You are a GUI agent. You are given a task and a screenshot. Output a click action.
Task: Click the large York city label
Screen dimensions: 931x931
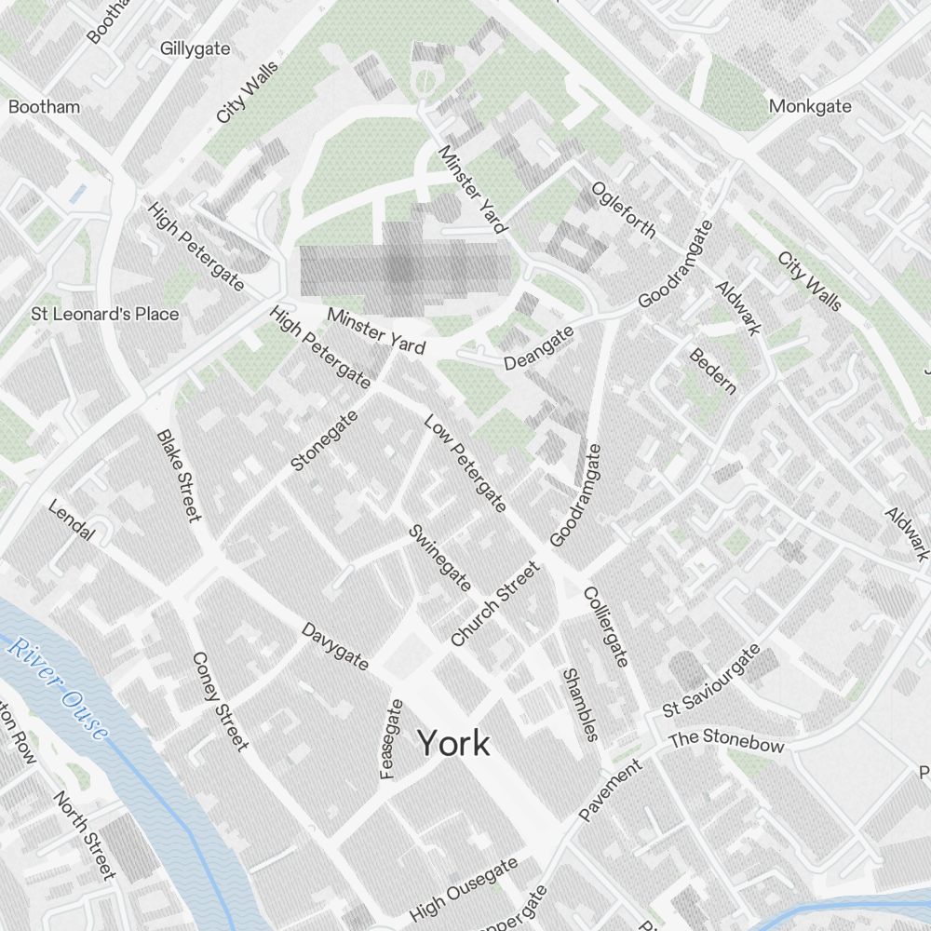pos(452,743)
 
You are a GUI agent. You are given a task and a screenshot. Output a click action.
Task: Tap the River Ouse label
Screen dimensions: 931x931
pos(58,688)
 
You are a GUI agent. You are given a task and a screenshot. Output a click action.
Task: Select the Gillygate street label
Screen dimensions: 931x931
pos(195,48)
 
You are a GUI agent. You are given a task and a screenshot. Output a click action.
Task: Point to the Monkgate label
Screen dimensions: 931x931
pos(809,106)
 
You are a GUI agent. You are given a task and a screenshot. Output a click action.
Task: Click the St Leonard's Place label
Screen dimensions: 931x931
pos(104,314)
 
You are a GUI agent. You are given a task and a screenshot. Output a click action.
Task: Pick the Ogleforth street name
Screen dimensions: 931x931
pos(623,209)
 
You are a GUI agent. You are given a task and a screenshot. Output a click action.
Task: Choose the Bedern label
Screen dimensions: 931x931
pos(712,371)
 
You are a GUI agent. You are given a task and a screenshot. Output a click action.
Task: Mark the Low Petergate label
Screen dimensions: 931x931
pos(465,465)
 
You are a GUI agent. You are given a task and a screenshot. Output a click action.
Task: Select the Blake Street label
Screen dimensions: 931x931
pos(179,476)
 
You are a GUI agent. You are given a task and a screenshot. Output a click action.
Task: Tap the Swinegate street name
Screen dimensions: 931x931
pos(439,558)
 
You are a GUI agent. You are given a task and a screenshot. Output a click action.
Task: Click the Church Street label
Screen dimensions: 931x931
pos(494,604)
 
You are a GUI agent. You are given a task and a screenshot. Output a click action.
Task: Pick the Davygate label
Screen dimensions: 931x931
pos(335,646)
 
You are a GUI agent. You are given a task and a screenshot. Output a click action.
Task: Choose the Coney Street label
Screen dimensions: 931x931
pos(221,700)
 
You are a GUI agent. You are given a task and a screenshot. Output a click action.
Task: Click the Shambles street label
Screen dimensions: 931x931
pos(579,704)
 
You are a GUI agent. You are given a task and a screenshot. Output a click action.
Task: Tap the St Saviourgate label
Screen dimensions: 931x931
pos(711,681)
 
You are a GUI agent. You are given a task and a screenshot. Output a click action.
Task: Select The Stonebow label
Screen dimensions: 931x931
pos(726,741)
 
